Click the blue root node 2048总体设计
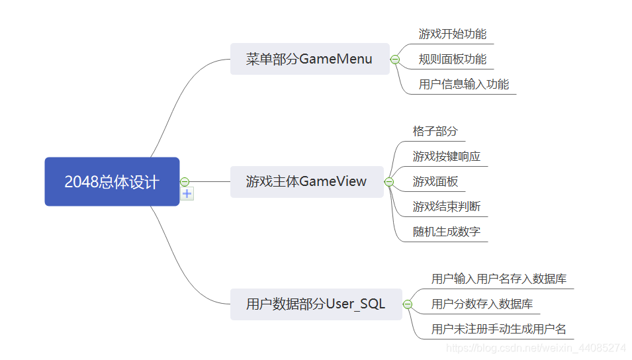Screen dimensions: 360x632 click(x=112, y=181)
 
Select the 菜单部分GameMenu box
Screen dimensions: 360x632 click(x=309, y=59)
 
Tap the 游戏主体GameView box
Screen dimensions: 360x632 click(x=306, y=181)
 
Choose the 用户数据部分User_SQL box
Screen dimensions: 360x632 click(x=316, y=304)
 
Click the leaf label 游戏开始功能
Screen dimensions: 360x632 click(x=453, y=34)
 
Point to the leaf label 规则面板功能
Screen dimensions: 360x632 click(x=453, y=59)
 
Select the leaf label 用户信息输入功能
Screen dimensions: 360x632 click(x=464, y=84)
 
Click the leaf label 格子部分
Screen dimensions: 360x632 click(x=435, y=131)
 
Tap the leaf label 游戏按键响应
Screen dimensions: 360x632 click(x=447, y=156)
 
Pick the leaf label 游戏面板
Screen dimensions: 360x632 click(x=435, y=181)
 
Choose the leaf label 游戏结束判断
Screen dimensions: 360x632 click(x=447, y=206)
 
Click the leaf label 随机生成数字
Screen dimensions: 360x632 click(x=447, y=232)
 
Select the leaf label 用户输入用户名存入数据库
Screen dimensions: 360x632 click(x=499, y=279)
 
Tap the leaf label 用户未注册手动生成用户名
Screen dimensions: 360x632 click(x=499, y=329)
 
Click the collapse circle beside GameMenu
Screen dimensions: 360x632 click(x=395, y=60)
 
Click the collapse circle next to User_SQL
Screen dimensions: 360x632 click(x=408, y=304)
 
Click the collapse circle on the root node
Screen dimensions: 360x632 click(x=185, y=181)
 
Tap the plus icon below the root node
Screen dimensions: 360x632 click(x=187, y=194)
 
